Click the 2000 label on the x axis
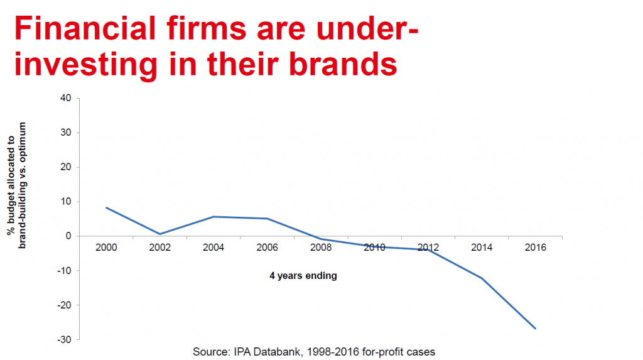pos(107,248)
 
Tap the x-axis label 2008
pos(321,248)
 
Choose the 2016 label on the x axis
pos(535,248)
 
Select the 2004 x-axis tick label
pos(214,248)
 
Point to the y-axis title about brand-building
pos(17,183)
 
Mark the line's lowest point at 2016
pos(536,328)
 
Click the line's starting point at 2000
pos(107,208)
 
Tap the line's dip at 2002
pos(161,234)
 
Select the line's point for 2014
pos(482,278)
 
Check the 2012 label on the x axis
pos(428,248)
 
